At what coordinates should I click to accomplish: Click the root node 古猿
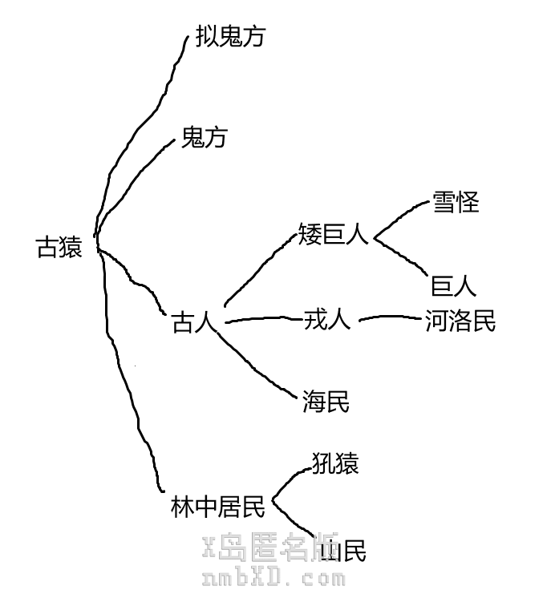59,247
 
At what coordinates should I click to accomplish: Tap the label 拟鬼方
229,37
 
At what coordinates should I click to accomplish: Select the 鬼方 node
204,138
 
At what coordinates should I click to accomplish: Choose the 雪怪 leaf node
455,202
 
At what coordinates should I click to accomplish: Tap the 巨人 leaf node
454,286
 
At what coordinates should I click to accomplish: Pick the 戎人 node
326,321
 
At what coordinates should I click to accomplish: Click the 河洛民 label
460,321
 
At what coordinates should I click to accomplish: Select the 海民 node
326,402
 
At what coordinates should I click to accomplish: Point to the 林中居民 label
217,507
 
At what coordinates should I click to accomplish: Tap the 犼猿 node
334,463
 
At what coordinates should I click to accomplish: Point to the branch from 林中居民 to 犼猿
290,481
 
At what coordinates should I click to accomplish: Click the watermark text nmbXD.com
273,576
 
